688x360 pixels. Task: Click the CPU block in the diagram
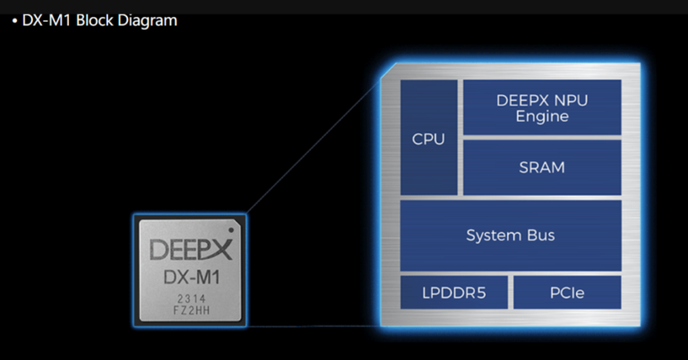tap(428, 139)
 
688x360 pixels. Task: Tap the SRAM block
tap(541, 167)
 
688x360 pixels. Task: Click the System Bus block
tap(510, 236)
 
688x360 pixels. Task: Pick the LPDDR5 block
tap(453, 293)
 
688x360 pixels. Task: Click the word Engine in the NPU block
tap(541, 116)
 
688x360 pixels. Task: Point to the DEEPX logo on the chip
tap(191, 249)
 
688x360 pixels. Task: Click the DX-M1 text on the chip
tap(191, 278)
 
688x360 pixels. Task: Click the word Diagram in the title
tap(149, 20)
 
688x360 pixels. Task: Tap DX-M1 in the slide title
tap(47, 20)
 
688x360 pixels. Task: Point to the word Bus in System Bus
tap(538, 236)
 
